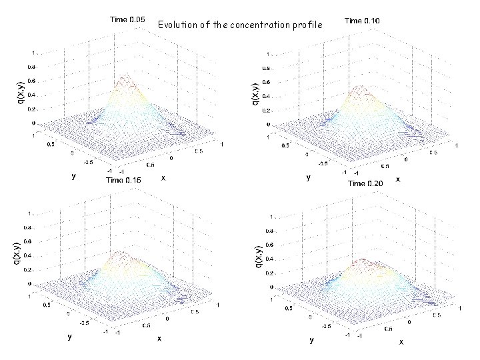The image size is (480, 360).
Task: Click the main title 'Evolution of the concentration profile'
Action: coord(240,25)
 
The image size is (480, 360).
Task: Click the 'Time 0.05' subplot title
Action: coord(127,20)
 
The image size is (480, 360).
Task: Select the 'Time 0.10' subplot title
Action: coord(362,21)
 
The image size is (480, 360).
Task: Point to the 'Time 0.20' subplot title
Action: coord(365,183)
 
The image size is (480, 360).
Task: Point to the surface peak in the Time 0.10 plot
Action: coord(360,87)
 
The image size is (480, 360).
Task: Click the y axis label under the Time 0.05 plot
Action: coord(74,177)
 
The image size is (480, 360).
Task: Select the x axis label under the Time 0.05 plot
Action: coord(163,179)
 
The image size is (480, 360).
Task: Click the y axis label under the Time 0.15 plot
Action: coord(69,337)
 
